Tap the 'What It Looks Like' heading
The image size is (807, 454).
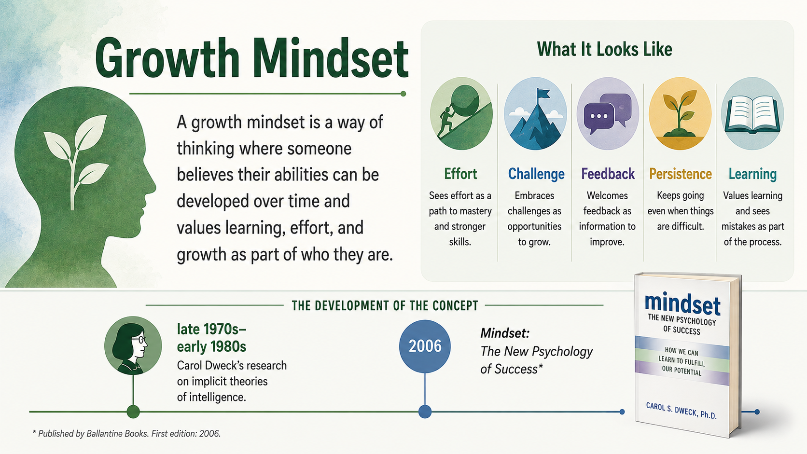click(605, 49)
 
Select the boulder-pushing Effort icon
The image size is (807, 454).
click(461, 113)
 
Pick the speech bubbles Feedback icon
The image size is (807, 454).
click(607, 113)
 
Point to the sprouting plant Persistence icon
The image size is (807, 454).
click(680, 113)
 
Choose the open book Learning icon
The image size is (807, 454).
click(752, 113)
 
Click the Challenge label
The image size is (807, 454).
click(536, 174)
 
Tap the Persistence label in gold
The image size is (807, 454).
click(680, 174)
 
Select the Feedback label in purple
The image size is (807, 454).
click(608, 174)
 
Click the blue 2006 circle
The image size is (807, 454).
click(425, 346)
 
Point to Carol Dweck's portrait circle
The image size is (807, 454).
click(133, 345)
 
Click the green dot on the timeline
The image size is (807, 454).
click(133, 412)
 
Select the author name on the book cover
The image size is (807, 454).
click(681, 411)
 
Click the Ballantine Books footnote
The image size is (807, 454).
click(126, 433)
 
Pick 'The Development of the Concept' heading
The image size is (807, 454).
click(385, 306)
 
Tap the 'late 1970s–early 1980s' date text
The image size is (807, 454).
click(212, 338)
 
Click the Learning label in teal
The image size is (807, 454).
click(752, 174)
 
